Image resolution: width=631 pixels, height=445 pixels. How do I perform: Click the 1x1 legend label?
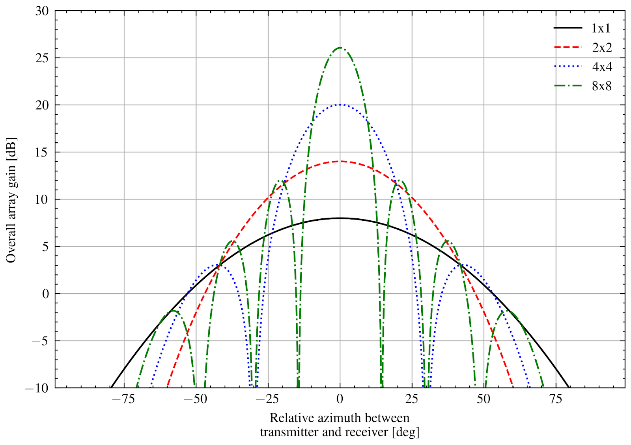pos(601,28)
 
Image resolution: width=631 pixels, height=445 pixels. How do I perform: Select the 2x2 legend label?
pos(602,48)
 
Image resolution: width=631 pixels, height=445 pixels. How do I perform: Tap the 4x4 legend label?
pos(602,67)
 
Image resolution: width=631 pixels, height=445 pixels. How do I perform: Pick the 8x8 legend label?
pos(602,86)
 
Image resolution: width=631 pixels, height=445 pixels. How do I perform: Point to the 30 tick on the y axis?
pos(42,11)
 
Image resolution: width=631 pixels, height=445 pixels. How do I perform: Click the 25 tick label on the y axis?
pos(42,58)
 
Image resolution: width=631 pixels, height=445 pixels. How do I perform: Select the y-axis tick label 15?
pos(42,153)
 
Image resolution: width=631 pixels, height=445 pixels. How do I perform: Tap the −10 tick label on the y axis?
pos(37,388)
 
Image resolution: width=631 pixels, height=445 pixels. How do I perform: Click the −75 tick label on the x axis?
pos(124,399)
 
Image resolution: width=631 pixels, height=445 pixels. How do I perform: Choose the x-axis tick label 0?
pos(340,399)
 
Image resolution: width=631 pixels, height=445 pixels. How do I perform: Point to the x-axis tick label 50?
pos(484,399)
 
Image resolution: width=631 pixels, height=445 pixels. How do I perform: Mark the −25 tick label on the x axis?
pos(268,399)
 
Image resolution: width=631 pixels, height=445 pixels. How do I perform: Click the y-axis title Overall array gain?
pos(11,200)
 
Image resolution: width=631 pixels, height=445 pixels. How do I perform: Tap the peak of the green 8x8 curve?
pos(340,48)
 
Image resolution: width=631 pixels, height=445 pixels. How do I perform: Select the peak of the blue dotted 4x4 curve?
pos(340,104)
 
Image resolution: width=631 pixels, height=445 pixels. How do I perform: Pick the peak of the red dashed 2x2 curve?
pos(340,161)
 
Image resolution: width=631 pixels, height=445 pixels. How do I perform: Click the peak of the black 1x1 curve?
pos(340,218)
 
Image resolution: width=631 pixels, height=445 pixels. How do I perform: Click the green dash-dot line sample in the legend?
pos(568,86)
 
